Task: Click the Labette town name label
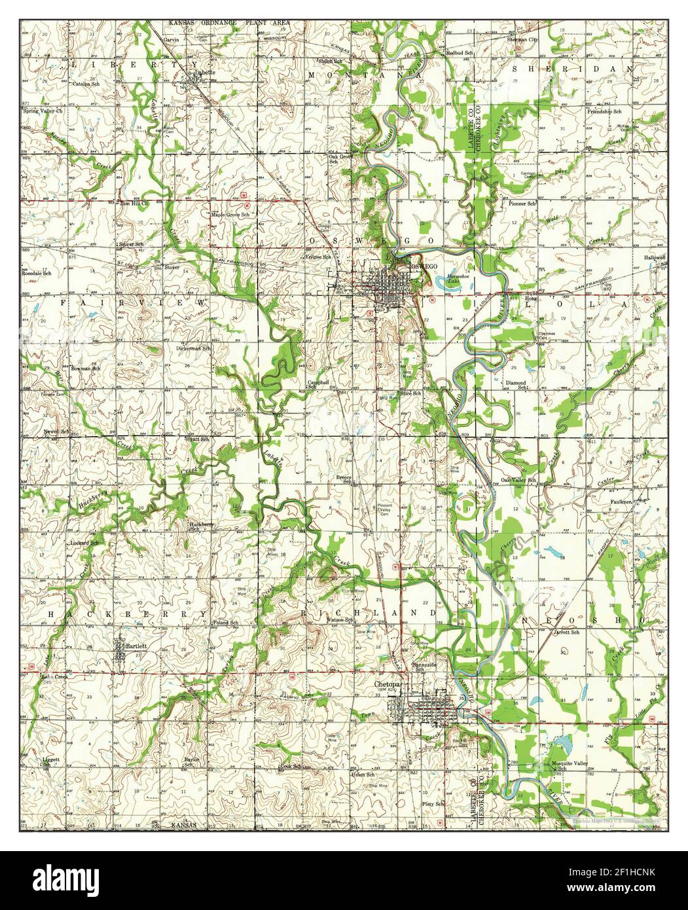pyautogui.click(x=196, y=73)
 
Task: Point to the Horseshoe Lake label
pyautogui.click(x=455, y=279)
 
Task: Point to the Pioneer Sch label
pyautogui.click(x=522, y=204)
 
